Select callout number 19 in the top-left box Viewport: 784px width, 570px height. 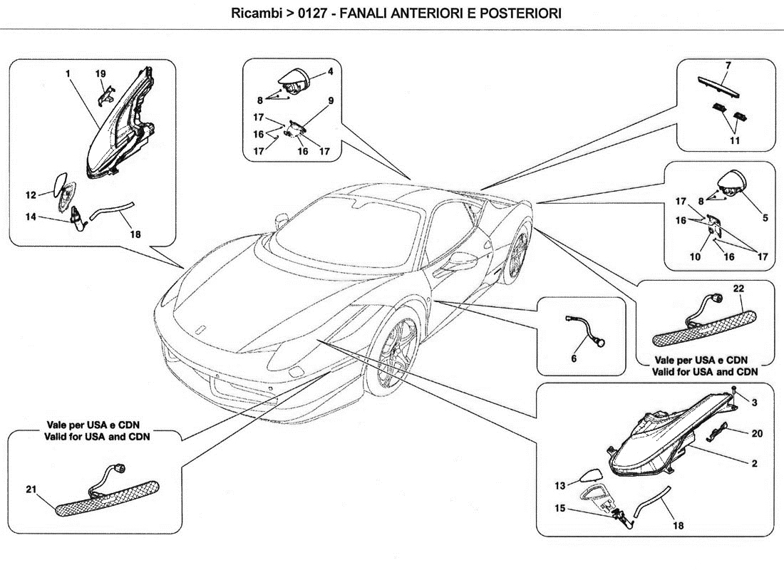[100, 73]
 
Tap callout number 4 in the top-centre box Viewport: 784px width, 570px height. [331, 72]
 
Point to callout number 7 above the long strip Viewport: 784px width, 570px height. [728, 66]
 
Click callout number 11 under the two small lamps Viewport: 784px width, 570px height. [734, 140]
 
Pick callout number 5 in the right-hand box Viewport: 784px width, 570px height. [765, 218]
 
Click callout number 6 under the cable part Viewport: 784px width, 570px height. [573, 359]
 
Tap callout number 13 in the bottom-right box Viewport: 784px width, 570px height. [559, 485]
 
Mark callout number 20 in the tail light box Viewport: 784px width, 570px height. [758, 432]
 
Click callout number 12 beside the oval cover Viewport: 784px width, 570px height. [31, 194]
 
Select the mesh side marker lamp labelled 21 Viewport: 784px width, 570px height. [107, 497]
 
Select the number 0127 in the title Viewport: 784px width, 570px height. [302, 14]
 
